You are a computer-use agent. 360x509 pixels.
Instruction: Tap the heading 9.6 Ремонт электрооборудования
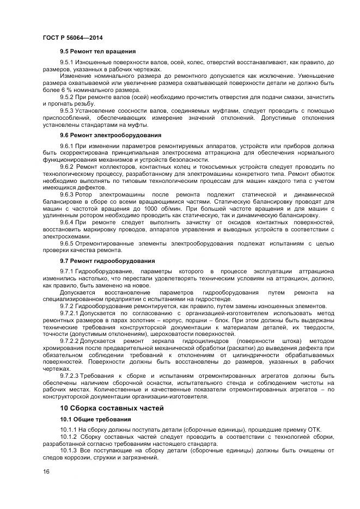(x=111, y=134)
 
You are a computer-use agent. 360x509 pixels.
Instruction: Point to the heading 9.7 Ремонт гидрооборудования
(x=107, y=260)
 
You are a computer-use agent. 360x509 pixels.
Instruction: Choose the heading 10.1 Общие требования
(x=95, y=419)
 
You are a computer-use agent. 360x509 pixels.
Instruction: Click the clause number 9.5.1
(x=67, y=63)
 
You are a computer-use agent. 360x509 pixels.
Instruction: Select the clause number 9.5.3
(x=67, y=110)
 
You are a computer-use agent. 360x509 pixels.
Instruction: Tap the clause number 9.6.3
(x=67, y=194)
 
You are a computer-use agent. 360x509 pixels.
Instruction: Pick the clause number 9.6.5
(x=67, y=243)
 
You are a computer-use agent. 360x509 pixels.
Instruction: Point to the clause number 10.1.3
(x=69, y=451)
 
